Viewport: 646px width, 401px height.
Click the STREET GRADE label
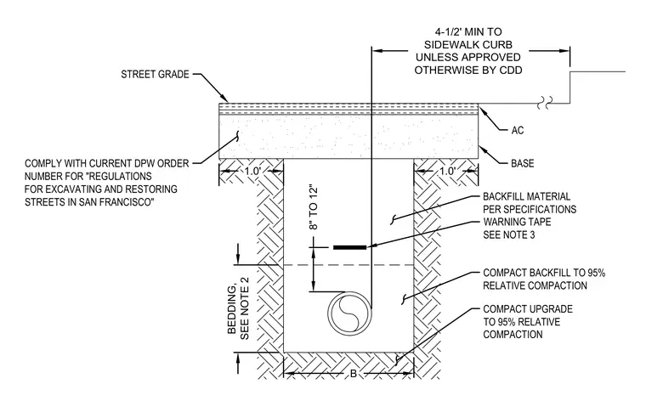155,75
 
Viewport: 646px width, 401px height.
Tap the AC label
518,131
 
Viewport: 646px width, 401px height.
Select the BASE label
523,163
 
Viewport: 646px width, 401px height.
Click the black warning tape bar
350,247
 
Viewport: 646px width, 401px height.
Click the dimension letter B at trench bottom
354,374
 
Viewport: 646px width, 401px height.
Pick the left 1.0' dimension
253,171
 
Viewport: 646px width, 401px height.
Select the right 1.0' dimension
447,171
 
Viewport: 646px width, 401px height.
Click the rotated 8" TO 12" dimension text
314,208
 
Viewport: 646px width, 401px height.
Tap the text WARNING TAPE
517,222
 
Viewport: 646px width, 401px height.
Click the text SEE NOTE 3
509,234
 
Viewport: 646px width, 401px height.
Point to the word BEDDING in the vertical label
233,309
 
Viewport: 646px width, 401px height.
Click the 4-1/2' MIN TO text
468,32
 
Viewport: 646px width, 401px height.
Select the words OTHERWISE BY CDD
468,71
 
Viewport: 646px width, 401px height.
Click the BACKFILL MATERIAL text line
526,196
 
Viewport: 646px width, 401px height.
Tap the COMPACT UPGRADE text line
528,308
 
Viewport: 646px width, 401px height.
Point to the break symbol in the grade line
545,103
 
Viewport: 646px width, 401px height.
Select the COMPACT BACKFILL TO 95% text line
544,273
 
